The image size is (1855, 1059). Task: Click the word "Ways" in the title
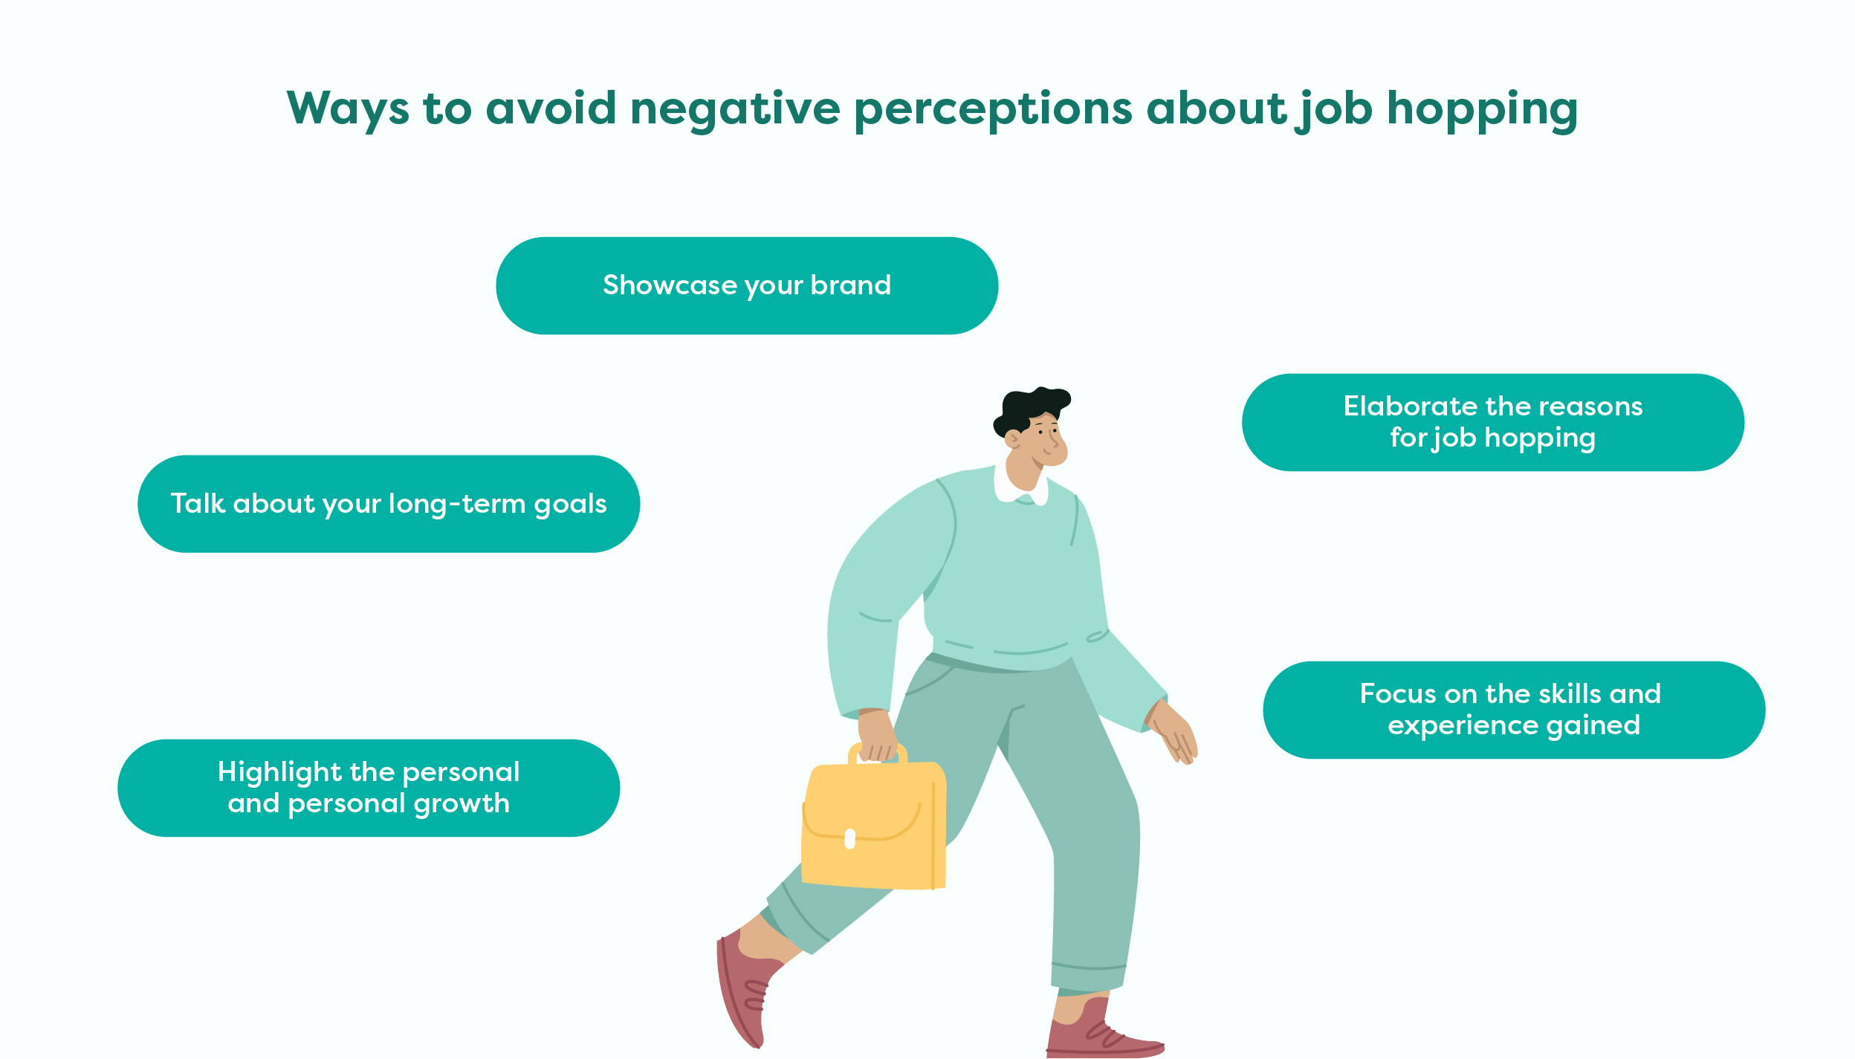point(348,109)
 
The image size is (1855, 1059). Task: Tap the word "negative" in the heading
point(735,109)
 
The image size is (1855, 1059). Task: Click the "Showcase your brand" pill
point(747,285)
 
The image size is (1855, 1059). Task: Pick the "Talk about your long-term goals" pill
point(389,504)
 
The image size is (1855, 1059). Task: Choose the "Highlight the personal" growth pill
point(369,788)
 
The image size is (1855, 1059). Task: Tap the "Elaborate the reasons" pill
point(1493,422)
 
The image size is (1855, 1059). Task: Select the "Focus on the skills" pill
point(1514,710)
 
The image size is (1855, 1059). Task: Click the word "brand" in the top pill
point(850,285)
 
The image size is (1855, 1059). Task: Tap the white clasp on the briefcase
point(850,839)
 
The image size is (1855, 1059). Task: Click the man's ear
point(1012,438)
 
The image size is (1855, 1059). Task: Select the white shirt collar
point(1021,488)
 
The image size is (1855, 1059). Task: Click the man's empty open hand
point(1174,733)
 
